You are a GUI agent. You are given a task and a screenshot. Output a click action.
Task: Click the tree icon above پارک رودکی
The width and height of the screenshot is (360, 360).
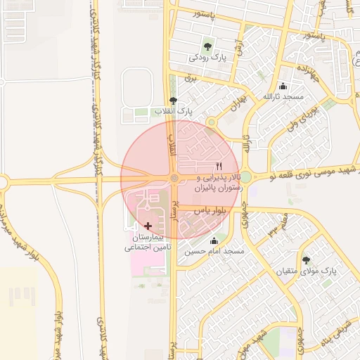click(x=207, y=46)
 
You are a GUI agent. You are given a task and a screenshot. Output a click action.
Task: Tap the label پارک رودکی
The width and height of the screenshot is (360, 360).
click(x=207, y=59)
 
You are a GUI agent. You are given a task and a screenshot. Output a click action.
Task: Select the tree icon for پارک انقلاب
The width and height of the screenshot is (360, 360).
click(x=174, y=101)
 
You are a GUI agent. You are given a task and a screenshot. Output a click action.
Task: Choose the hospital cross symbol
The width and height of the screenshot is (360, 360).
click(x=148, y=226)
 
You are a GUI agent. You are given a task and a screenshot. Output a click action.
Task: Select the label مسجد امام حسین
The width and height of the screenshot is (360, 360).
click(x=214, y=252)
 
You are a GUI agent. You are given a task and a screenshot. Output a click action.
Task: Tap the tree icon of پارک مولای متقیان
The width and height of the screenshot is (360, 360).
click(x=305, y=260)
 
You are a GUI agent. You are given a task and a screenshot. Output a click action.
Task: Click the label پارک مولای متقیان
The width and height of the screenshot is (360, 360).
click(x=305, y=271)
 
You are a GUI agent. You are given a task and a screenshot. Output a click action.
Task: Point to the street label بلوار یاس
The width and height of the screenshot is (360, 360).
click(x=197, y=210)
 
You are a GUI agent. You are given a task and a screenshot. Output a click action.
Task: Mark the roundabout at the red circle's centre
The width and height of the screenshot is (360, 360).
click(x=174, y=178)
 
